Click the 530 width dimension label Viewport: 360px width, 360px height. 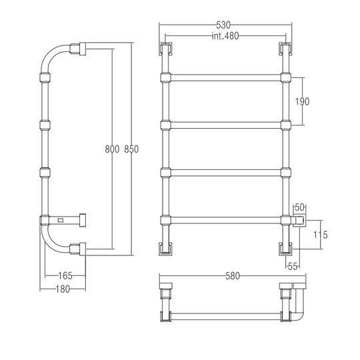[x=223, y=25]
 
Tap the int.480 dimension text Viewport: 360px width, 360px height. [x=225, y=36]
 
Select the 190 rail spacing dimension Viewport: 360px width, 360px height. [x=302, y=101]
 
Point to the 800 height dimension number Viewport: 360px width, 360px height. [x=112, y=149]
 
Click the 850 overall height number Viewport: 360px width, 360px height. [x=131, y=149]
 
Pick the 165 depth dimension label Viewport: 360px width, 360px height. [x=65, y=276]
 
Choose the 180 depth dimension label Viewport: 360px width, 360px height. [x=63, y=289]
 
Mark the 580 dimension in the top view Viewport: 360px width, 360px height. [x=233, y=276]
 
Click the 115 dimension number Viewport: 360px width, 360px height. [x=321, y=235]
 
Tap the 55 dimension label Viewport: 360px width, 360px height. [x=293, y=267]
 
